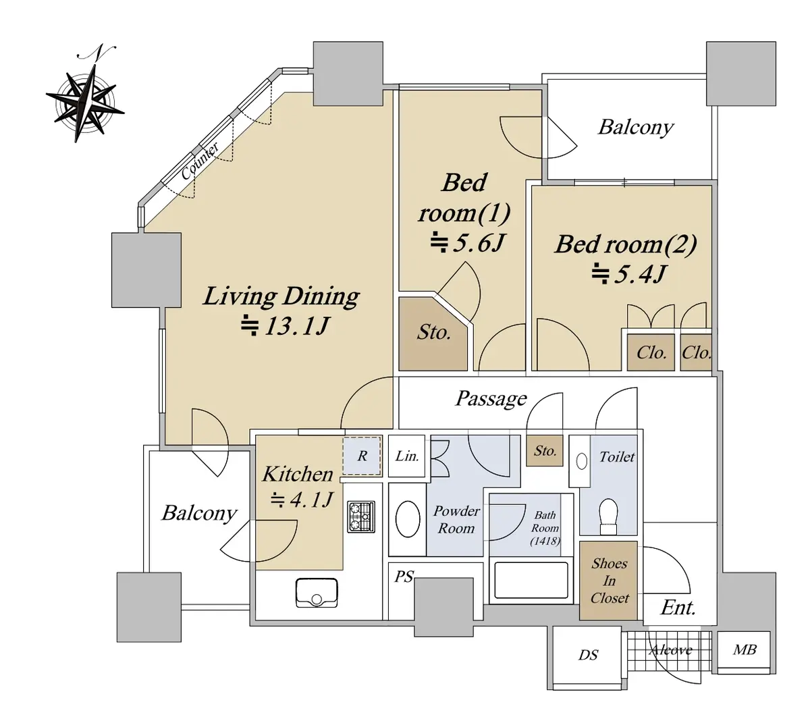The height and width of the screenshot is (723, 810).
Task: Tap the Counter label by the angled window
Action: click(200, 161)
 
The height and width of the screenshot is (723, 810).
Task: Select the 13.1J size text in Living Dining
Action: click(285, 326)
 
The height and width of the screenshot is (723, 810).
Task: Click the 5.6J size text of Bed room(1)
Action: click(466, 243)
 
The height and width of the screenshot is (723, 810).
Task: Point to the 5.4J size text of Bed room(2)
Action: click(629, 274)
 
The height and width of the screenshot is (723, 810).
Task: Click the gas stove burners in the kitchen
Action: click(360, 516)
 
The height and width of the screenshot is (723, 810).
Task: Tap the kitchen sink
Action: click(317, 592)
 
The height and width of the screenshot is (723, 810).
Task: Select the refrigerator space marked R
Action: click(362, 456)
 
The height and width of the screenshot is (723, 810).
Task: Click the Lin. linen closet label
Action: click(406, 456)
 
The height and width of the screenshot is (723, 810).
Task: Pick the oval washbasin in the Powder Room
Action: click(408, 519)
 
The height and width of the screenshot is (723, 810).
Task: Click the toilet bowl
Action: click(608, 516)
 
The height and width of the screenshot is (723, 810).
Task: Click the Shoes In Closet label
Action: click(610, 581)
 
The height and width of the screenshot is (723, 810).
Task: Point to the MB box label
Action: click(744, 649)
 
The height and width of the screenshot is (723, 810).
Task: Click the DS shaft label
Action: click(588, 655)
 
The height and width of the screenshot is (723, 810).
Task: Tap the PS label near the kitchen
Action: click(404, 577)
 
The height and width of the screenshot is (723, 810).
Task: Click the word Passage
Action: click(491, 398)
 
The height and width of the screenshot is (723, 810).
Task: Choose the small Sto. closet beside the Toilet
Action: click(545, 451)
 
